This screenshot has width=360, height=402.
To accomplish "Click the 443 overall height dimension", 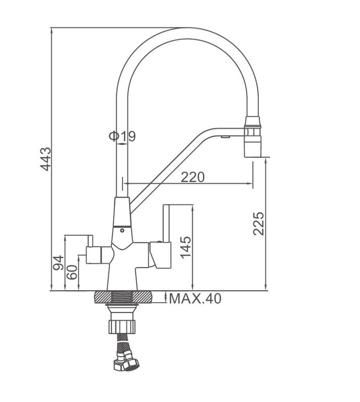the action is pyautogui.click(x=46, y=159).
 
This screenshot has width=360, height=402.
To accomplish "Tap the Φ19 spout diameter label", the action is pyautogui.click(x=122, y=136).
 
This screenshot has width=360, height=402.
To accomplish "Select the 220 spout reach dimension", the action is pyautogui.click(x=193, y=177).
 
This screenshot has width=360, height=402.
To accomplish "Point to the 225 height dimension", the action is pyautogui.click(x=258, y=223).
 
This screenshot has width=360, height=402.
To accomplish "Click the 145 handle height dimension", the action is pyautogui.click(x=186, y=247).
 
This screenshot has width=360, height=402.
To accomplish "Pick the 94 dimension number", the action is pyautogui.click(x=58, y=263).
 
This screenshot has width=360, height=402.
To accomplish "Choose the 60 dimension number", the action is pyautogui.click(x=72, y=272).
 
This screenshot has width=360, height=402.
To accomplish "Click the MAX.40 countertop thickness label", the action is pyautogui.click(x=195, y=299).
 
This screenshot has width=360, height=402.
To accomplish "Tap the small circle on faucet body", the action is pyautogui.click(x=122, y=230).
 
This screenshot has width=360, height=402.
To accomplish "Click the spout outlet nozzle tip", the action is pyautogui.click(x=253, y=146).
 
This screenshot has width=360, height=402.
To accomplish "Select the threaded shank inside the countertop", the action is pyautogui.click(x=122, y=297).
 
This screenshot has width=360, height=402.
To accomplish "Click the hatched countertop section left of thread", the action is pyautogui.click(x=103, y=297).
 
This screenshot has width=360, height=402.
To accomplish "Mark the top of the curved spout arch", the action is pyautogui.click(x=188, y=33).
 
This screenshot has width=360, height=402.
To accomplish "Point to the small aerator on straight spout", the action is pyautogui.click(x=225, y=137).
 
